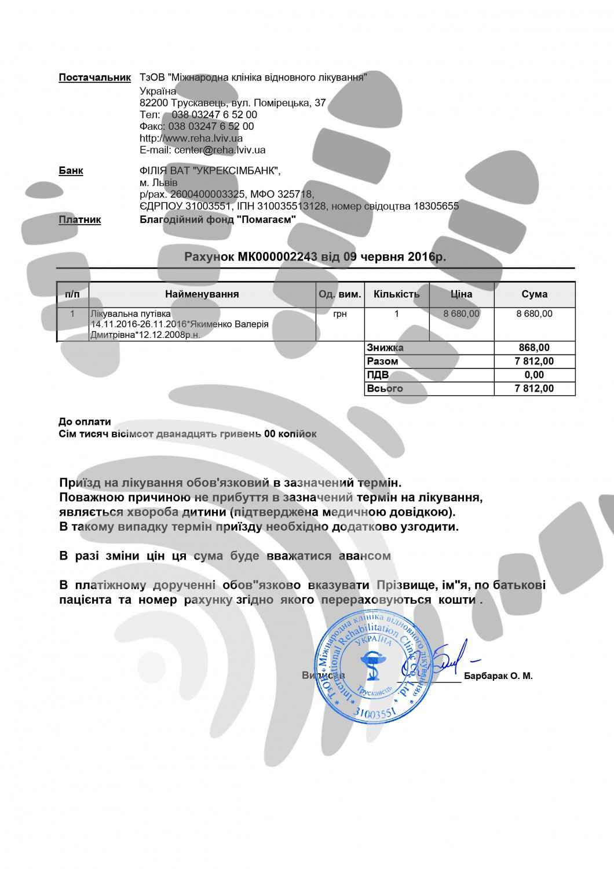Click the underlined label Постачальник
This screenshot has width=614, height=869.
click(94, 78)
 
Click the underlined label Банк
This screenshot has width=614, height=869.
click(71, 171)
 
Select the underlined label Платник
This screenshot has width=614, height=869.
click(80, 220)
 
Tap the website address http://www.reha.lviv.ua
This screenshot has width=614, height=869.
click(191, 138)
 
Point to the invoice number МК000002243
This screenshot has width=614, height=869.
click(277, 256)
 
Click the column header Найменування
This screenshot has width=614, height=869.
click(202, 294)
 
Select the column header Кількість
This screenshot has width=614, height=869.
click(396, 294)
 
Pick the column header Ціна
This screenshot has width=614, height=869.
click(461, 294)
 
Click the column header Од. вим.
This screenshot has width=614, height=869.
click(340, 294)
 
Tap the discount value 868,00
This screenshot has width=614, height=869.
click(535, 348)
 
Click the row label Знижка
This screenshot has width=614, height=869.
click(385, 348)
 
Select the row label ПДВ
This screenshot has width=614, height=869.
click(378, 375)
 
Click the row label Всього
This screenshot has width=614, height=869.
click(385, 388)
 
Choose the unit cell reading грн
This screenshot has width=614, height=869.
click(340, 314)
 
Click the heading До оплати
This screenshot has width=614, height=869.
click(85, 422)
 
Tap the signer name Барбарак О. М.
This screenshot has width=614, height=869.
click(498, 676)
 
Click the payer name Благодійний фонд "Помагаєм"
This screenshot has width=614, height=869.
click(218, 220)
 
